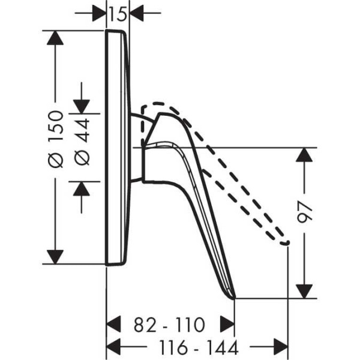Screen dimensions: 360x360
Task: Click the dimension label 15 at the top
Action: [x=118, y=14]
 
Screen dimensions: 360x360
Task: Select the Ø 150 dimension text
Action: [x=56, y=139]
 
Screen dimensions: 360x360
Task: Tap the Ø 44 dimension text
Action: [x=82, y=142]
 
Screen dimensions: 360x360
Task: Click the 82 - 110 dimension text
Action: [x=169, y=325]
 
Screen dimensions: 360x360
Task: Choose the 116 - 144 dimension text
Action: [x=199, y=347]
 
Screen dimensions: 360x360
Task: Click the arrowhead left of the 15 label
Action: [x=100, y=13]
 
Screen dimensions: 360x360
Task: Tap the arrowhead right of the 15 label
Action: [x=136, y=13]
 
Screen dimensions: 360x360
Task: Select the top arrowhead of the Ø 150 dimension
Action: [x=55, y=38]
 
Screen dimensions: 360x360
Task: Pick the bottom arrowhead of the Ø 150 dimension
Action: [x=55, y=257]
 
